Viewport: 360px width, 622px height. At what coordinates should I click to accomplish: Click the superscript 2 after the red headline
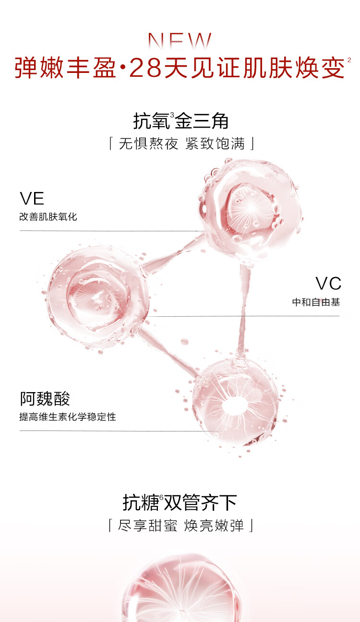click(349, 60)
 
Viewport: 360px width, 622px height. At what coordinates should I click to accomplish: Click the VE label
click(32, 199)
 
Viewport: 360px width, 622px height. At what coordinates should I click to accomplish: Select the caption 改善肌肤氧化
click(48, 217)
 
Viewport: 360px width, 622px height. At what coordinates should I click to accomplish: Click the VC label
click(328, 283)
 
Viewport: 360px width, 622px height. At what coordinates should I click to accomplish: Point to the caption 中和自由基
click(316, 302)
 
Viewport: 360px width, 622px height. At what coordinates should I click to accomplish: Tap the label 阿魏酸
click(45, 399)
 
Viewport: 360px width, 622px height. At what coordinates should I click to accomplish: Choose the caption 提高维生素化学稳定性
click(68, 417)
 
